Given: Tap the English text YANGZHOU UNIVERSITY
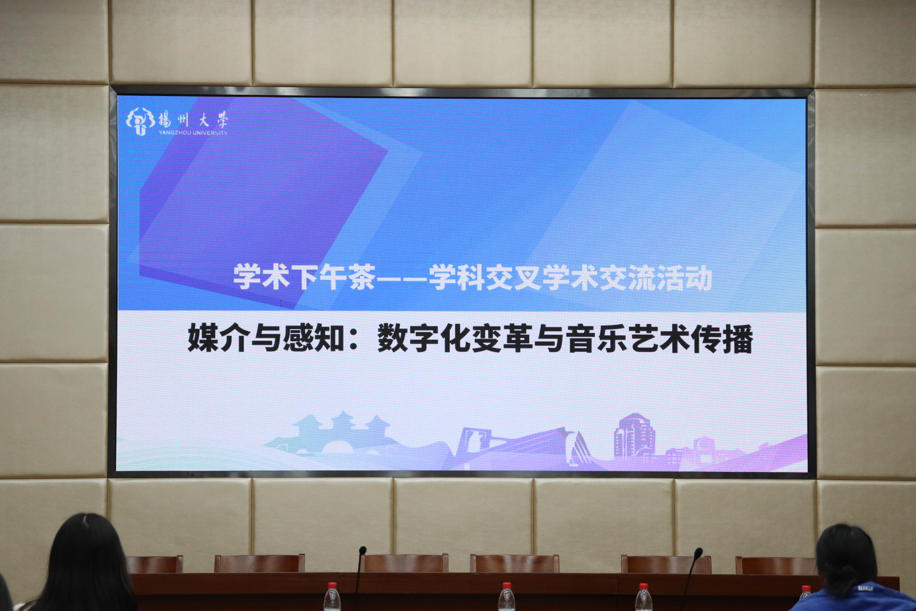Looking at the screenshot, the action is coord(193,133).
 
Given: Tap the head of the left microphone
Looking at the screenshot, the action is coord(363,550).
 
